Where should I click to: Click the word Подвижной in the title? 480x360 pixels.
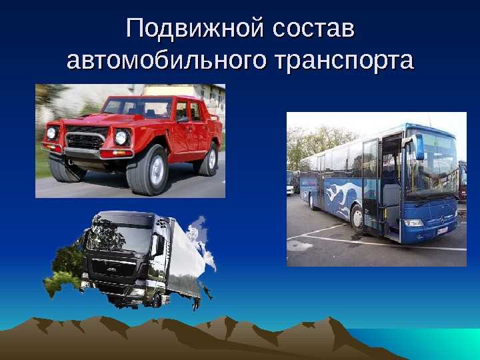click(189, 31)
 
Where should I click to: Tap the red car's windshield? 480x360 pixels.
click(138, 108)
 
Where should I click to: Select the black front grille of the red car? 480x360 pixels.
click(86, 140)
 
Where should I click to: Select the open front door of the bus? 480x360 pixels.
click(390, 187)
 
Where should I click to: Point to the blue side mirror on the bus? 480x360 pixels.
click(420, 147)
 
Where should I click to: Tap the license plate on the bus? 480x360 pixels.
click(442, 230)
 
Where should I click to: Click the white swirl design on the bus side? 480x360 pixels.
click(333, 193)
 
